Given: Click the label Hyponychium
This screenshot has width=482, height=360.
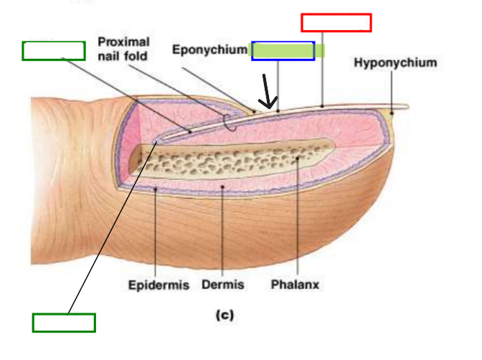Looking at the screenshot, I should [394, 63].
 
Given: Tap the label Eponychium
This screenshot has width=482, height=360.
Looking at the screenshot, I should [209, 49].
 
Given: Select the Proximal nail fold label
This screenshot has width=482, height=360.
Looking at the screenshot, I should [123, 49].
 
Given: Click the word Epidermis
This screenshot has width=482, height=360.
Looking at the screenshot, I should [159, 285].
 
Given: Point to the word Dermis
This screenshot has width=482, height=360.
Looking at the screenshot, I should [222, 285].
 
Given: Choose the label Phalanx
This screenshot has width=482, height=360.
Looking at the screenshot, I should [295, 285].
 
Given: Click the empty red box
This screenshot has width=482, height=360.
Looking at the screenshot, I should [336, 22].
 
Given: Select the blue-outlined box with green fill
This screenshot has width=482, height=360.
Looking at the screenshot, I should [283, 50].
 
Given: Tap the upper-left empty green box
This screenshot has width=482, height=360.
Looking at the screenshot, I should [54, 50].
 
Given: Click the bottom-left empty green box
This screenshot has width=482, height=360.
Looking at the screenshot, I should [64, 323].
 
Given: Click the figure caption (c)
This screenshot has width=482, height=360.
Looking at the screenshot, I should [225, 314].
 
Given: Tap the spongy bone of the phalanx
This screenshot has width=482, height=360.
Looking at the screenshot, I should [230, 161].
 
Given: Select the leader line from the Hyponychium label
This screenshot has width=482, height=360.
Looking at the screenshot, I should [392, 90].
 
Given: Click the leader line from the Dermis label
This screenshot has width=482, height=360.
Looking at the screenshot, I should [222, 229].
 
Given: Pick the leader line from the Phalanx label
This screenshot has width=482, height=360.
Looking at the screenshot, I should [296, 215].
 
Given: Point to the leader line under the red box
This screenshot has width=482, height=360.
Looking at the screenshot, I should [323, 68].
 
